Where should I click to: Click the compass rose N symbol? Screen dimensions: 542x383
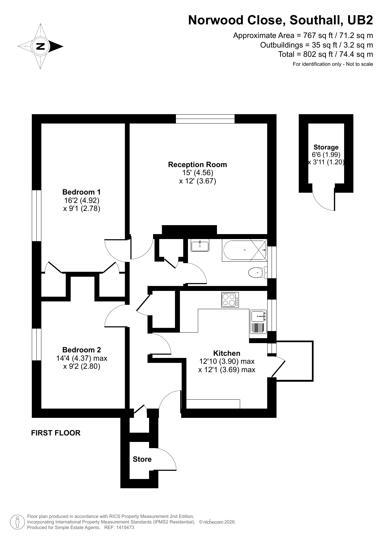40,47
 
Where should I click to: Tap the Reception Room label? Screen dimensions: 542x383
197,165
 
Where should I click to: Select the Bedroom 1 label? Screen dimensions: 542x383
81,192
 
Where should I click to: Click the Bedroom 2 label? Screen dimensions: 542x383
81,350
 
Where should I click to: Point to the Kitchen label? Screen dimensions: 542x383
227,353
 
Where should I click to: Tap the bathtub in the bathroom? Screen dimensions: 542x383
244,250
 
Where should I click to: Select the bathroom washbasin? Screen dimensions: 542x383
200,246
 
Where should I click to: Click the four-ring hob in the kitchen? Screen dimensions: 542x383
230,300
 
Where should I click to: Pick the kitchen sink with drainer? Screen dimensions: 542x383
258,322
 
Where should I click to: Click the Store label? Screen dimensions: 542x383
142,459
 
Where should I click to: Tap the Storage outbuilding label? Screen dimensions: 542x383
326,147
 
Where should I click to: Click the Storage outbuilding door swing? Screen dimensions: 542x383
324,199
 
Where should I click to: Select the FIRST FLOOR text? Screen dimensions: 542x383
56,433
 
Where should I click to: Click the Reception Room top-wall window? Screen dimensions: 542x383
205,119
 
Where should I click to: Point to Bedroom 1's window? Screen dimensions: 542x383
37,216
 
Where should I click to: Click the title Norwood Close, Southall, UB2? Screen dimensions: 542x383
280,20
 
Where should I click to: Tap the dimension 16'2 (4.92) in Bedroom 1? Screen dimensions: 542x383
81,200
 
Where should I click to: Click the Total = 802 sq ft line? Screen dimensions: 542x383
325,54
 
